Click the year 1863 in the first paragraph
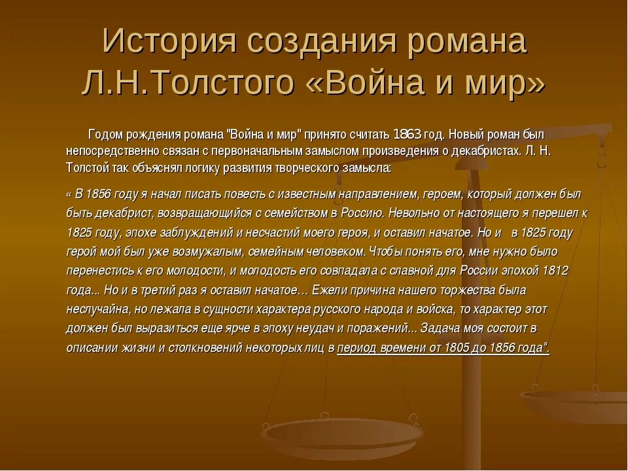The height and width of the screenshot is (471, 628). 406,135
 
